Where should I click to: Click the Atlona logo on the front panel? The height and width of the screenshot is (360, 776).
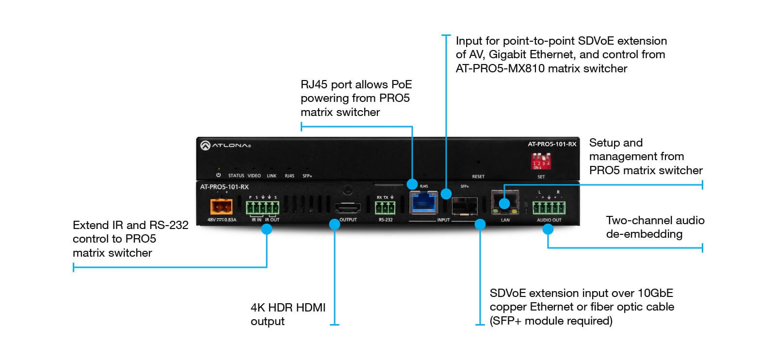tap(226, 145)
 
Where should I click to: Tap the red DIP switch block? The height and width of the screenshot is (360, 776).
tap(541, 161)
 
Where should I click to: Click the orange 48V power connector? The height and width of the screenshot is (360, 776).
tap(221, 207)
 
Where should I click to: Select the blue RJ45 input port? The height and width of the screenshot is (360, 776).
tap(423, 202)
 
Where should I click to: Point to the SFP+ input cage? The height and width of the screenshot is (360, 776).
tap(464, 206)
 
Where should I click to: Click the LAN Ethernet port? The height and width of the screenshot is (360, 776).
tap(505, 201)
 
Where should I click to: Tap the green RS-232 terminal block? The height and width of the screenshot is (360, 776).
tap(385, 208)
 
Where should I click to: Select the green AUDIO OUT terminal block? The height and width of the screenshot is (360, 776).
tap(549, 208)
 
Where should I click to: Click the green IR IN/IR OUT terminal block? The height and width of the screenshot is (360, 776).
tap(262, 208)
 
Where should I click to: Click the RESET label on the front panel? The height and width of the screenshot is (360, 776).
tap(478, 177)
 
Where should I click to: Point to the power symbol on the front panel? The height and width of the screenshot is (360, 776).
tap(218, 175)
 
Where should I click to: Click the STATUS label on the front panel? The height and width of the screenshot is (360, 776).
tap(236, 176)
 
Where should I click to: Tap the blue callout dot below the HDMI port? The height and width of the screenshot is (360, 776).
tap(335, 224)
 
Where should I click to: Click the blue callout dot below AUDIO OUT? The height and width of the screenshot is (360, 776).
tap(548, 229)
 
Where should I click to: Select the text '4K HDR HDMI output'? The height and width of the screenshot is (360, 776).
tap(288, 314)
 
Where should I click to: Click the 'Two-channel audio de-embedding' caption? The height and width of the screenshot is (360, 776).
tap(655, 227)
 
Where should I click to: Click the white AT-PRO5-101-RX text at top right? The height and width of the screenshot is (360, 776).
tap(552, 144)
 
